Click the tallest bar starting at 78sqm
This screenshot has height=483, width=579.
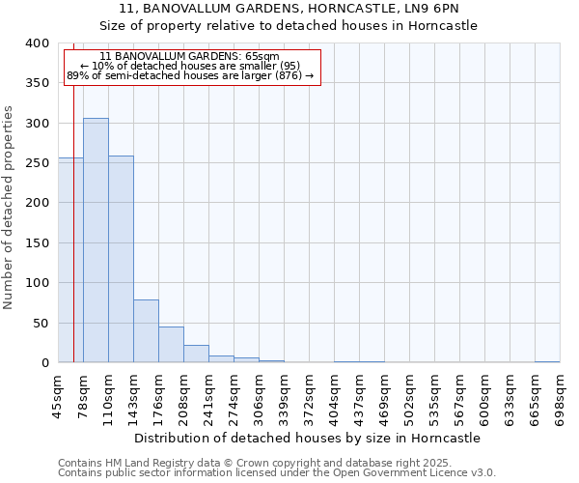click(x=96, y=241)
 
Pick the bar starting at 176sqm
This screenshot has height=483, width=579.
click(x=171, y=345)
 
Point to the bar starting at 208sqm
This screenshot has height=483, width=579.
click(x=196, y=354)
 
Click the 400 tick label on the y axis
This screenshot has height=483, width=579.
click(x=37, y=43)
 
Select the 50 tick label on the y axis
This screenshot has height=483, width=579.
click(x=41, y=323)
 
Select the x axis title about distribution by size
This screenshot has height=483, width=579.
click(x=307, y=438)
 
